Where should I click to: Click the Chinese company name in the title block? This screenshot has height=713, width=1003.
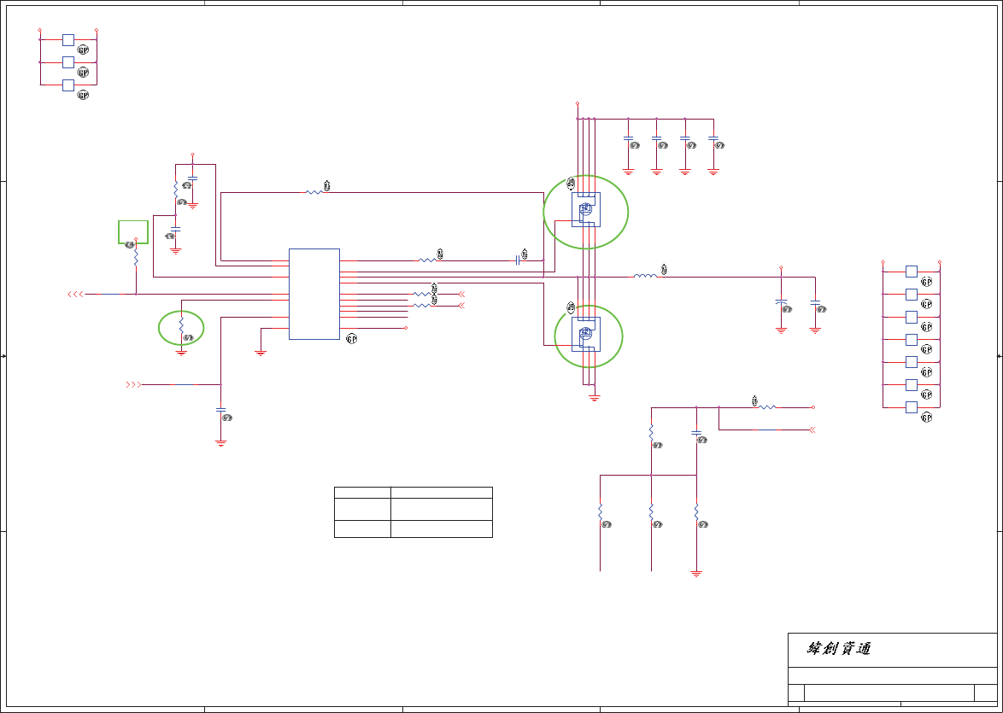tap(839, 649)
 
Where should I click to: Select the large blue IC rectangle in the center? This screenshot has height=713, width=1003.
tap(314, 294)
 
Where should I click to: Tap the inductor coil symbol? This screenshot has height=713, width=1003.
tap(645, 276)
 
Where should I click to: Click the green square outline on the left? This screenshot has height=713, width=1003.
tap(132, 231)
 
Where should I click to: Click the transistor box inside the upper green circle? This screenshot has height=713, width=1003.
tap(586, 209)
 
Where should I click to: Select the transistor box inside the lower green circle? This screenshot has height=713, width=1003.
tap(586, 334)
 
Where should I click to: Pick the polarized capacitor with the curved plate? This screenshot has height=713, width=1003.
tap(781, 303)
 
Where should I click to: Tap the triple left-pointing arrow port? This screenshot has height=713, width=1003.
tap(75, 294)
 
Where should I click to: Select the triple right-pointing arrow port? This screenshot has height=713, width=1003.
tap(133, 385)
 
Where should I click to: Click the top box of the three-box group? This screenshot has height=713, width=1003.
tap(68, 39)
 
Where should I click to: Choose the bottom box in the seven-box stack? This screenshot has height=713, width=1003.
tap(911, 407)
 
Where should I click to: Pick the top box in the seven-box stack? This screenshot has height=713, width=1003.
tap(911, 272)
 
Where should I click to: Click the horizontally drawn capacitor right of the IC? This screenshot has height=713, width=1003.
tap(518, 260)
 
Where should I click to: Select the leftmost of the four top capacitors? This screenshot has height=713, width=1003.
tap(628, 137)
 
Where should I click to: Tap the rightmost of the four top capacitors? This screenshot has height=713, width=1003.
tap(713, 137)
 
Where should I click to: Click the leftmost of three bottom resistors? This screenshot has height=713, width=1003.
tap(601, 511)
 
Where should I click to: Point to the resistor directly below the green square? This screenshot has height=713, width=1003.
tap(136, 259)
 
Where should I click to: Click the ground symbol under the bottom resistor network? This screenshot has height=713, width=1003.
tap(696, 574)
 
